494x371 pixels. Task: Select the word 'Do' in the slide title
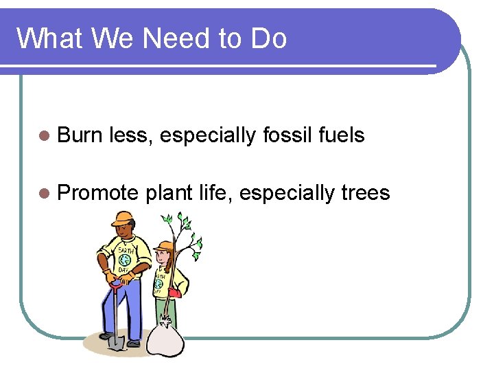click(x=268, y=38)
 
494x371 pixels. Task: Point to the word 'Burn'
click(x=80, y=135)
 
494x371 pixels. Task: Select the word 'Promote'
click(x=98, y=193)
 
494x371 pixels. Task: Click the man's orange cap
click(x=123, y=218)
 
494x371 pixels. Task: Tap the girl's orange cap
click(x=163, y=246)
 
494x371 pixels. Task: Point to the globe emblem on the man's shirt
click(x=124, y=260)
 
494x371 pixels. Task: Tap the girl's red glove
click(x=175, y=293)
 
